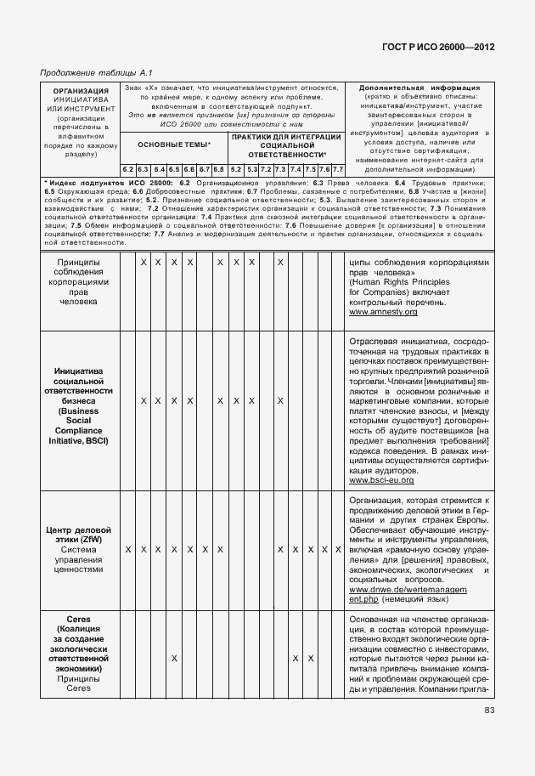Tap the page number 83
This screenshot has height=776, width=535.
tap(489, 711)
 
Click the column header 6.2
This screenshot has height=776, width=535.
tap(127, 169)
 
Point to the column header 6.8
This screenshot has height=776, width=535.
tap(219, 169)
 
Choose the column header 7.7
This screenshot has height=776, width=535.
tap(337, 169)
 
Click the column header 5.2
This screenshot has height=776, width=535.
tap(236, 169)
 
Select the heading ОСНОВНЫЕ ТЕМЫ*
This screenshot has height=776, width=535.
tap(174, 145)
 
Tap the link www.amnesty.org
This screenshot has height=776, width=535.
tap(383, 312)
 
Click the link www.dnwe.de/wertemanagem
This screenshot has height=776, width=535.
tap(408, 589)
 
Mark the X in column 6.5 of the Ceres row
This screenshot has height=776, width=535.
tap(174, 658)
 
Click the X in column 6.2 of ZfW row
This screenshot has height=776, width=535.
tap(127, 550)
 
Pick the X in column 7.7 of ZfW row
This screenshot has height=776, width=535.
tap(337, 550)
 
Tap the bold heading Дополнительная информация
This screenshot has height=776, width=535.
tap(420, 88)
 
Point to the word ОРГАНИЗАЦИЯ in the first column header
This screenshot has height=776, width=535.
tap(81, 91)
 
